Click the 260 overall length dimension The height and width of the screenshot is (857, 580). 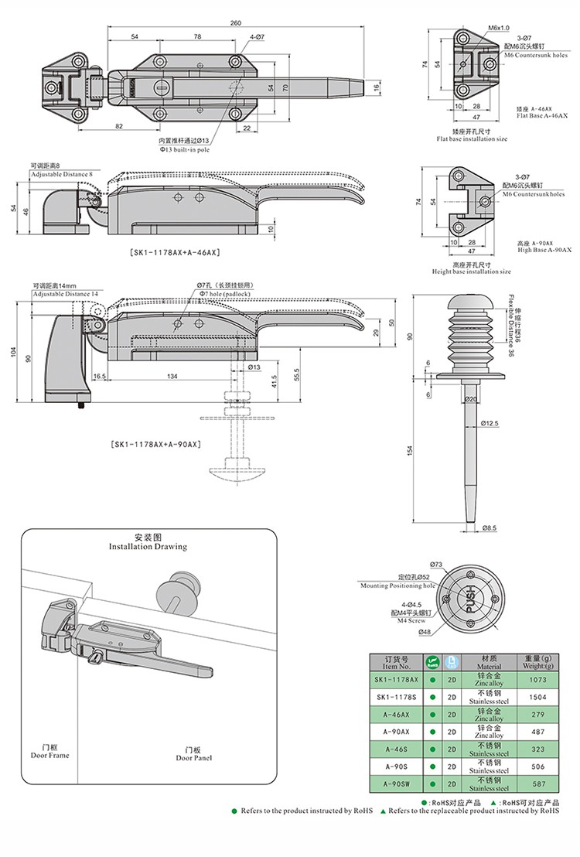pyautogui.click(x=235, y=22)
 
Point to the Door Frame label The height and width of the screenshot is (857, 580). pyautogui.click(x=50, y=751)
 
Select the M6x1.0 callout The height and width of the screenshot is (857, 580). pyautogui.click(x=497, y=28)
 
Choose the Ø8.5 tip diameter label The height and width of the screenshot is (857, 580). pyautogui.click(x=489, y=528)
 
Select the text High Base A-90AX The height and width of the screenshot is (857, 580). pyautogui.click(x=544, y=249)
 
